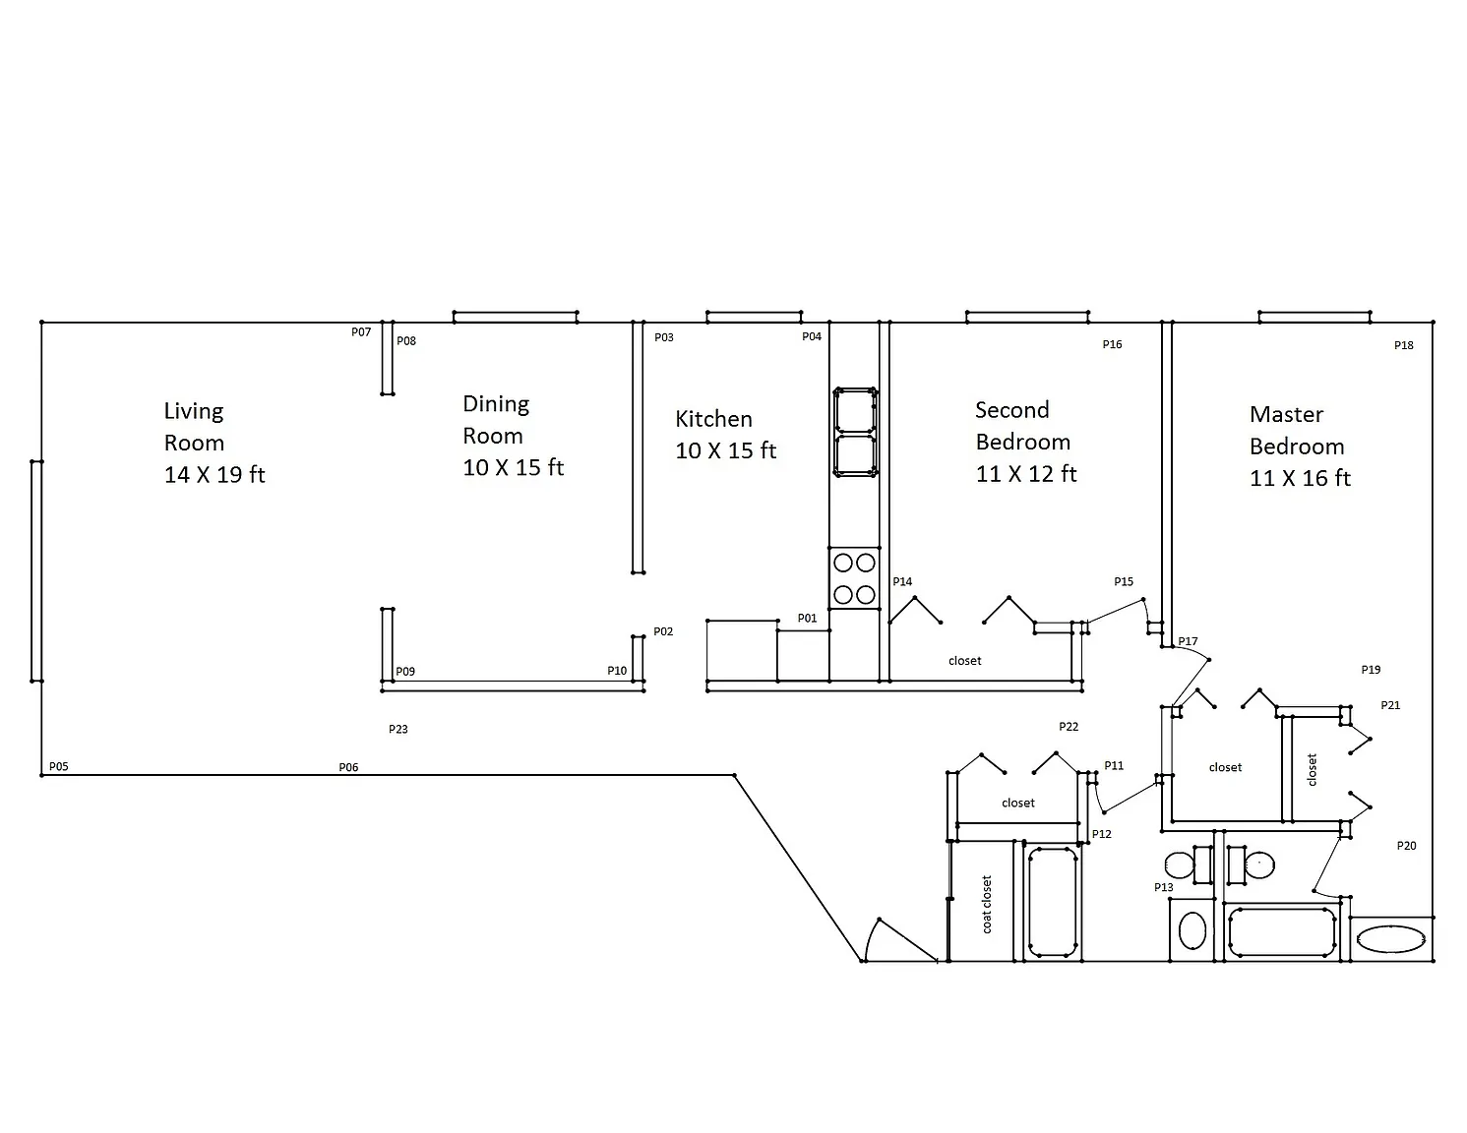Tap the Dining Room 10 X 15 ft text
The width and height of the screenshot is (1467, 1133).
pyautogui.click(x=513, y=436)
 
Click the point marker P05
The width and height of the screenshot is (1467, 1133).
pyautogui.click(x=59, y=766)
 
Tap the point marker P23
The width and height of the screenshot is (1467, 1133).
pyautogui.click(x=398, y=729)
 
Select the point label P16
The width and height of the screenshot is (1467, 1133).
pyautogui.click(x=1112, y=344)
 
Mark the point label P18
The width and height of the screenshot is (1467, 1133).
pyautogui.click(x=1404, y=345)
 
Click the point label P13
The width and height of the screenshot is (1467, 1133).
pyautogui.click(x=1163, y=887)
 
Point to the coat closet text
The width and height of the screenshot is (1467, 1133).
pyautogui.click(x=986, y=904)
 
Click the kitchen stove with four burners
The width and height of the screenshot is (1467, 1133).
pyautogui.click(x=854, y=578)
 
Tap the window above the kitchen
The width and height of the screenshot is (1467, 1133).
pyautogui.click(x=754, y=317)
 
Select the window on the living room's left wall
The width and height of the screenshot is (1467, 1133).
pyautogui.click(x=36, y=570)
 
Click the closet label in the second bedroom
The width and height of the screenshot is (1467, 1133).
pyautogui.click(x=965, y=661)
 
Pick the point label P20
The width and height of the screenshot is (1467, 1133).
pyautogui.click(x=1406, y=846)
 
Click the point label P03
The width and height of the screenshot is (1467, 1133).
pyautogui.click(x=663, y=336)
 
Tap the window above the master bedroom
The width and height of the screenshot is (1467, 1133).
pyautogui.click(x=1314, y=317)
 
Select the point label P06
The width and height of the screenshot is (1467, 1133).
pyautogui.click(x=348, y=766)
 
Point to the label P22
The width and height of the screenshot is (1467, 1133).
pyautogui.click(x=1068, y=726)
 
